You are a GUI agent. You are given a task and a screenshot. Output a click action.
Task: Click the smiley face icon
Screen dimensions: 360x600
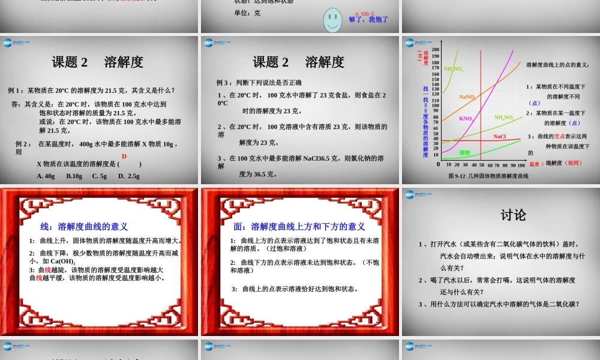tap(333, 20)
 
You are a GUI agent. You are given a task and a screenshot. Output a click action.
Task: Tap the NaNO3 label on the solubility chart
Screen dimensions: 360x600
tap(467, 97)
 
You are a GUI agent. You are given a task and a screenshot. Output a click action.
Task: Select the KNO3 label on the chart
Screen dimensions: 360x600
tap(466, 119)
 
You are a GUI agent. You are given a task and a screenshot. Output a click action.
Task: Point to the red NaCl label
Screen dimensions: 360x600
tap(500, 137)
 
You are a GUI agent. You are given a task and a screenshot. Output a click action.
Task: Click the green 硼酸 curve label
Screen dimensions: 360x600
tap(464, 153)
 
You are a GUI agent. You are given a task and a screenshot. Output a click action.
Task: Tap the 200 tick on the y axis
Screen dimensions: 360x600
tap(435, 49)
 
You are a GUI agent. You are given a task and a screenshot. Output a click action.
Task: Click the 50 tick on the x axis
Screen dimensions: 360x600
tap(481, 165)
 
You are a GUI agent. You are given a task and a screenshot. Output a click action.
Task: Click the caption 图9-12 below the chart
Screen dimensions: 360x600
tap(457, 176)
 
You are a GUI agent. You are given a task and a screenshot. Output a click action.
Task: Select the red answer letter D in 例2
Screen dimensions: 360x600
tap(124, 156)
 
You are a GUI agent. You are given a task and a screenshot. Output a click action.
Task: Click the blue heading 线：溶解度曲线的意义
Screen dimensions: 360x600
tap(84, 226)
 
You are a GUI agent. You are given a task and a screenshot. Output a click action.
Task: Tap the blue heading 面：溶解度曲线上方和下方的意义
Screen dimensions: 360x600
tap(299, 226)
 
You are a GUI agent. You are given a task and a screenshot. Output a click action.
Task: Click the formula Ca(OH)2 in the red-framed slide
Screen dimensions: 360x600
tap(62, 261)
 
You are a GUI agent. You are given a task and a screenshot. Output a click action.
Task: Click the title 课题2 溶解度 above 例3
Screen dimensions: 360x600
tap(298, 62)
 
